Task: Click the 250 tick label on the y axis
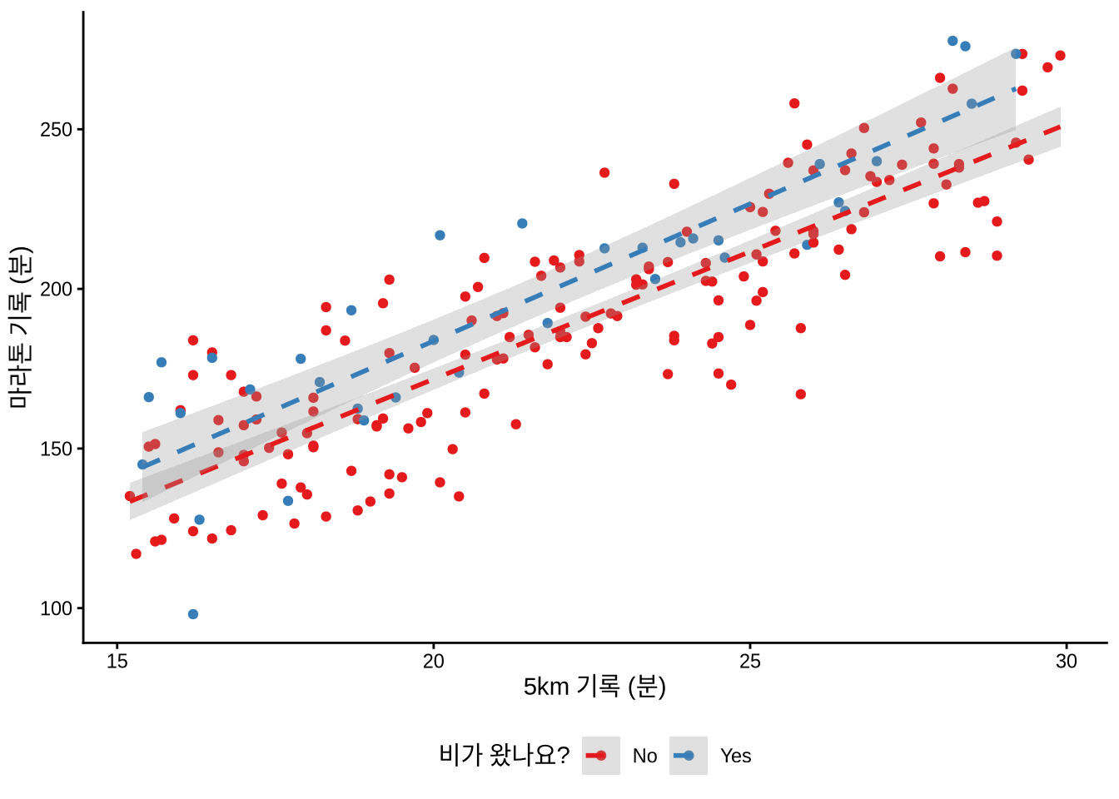(x=56, y=130)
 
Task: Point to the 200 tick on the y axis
(x=56, y=290)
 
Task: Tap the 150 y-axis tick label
(x=56, y=449)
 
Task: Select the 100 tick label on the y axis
(x=56, y=608)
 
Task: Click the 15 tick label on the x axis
(x=117, y=662)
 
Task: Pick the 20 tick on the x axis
(x=434, y=662)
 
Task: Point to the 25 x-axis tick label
(x=750, y=662)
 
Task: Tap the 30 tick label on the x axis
(x=1066, y=662)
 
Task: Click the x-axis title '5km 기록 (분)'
(x=594, y=687)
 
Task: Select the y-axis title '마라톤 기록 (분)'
(x=20, y=327)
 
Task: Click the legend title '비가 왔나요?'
(x=504, y=755)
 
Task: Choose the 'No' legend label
(x=644, y=756)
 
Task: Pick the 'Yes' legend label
(x=735, y=756)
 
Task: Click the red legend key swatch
(x=601, y=756)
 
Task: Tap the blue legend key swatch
(x=689, y=756)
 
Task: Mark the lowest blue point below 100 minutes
(x=193, y=614)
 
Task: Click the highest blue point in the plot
(x=952, y=41)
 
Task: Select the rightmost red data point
(x=1060, y=56)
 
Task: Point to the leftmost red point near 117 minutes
(x=136, y=553)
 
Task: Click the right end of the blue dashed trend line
(x=1015, y=88)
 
